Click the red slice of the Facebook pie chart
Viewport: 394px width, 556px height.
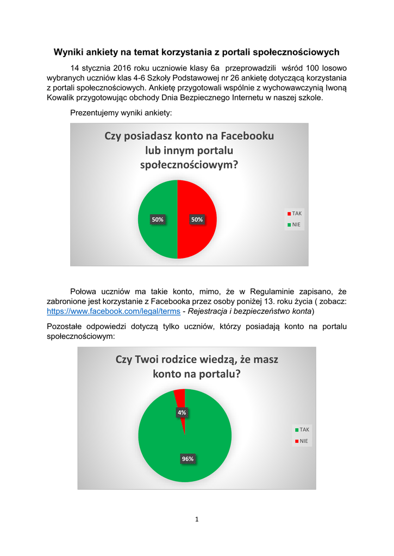pyautogui.click(x=198, y=233)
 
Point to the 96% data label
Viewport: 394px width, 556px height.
pyautogui.click(x=187, y=459)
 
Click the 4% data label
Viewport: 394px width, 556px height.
pyautogui.click(x=182, y=413)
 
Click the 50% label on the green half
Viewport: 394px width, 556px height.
pyautogui.click(x=158, y=219)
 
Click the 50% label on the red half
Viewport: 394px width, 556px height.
pyautogui.click(x=197, y=219)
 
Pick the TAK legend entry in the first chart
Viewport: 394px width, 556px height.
pyautogui.click(x=295, y=213)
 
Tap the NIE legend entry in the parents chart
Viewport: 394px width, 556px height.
pyautogui.click(x=301, y=441)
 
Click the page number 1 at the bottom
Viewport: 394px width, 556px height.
pyautogui.click(x=197, y=520)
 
